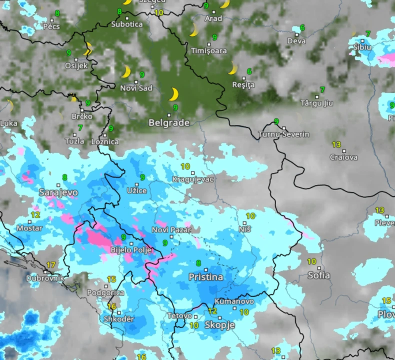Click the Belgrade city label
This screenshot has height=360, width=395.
pos(169,122)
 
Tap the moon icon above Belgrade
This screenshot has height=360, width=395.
pos(173,94)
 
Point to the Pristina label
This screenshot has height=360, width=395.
pos(206,277)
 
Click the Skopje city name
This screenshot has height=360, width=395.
pos(220,325)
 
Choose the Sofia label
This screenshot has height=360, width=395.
pos(318,275)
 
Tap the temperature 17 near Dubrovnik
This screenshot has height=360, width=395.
pos(51,265)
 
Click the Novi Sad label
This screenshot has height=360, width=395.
pos(136,88)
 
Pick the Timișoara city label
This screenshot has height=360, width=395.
pos(208,50)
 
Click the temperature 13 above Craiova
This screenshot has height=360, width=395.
pos(336,144)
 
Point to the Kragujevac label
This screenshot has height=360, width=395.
pos(193,179)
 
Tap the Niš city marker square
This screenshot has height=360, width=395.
pos(245,223)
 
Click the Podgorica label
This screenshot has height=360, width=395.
pos(105,293)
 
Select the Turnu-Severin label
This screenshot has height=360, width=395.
pos(283,134)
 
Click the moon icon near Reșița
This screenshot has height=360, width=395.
pos(232,68)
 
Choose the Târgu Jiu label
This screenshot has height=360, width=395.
pos(316,103)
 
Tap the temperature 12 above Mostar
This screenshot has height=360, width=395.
pos(35,215)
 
